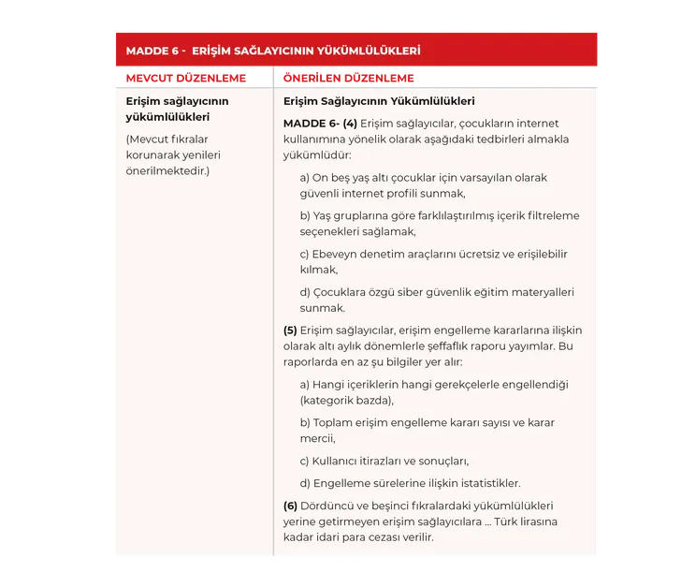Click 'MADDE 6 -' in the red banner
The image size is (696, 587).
155,51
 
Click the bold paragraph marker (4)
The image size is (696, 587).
350,124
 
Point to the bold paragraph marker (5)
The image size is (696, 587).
290,330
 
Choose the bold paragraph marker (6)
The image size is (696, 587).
290,506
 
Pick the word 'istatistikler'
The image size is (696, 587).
485,483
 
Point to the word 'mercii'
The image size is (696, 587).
316,438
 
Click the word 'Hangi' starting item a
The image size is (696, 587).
328,384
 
